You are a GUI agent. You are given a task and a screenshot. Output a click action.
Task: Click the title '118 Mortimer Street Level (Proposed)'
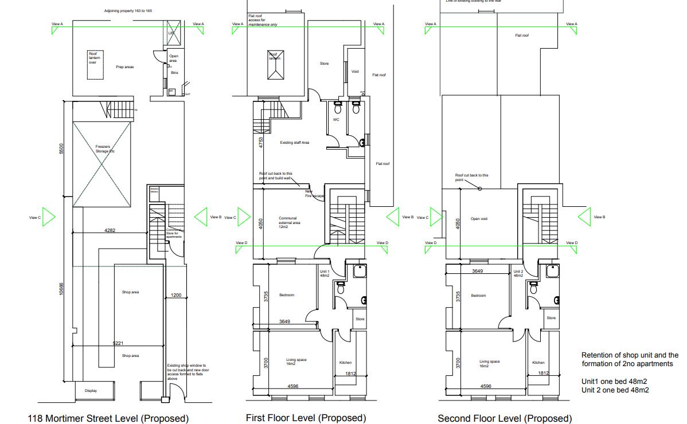point(108,419)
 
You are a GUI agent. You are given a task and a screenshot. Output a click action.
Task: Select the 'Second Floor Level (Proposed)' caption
point(505,419)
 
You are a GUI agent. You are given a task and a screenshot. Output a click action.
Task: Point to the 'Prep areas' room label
point(124,67)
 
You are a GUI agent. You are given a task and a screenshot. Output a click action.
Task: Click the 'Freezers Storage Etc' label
point(105,149)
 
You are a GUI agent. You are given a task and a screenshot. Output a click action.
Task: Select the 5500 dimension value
point(62,148)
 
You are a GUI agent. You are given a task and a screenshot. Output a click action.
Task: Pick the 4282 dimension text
point(110,230)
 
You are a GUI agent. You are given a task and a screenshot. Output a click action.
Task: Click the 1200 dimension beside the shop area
point(175,296)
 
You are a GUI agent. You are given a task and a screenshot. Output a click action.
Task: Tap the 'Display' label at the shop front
point(91,391)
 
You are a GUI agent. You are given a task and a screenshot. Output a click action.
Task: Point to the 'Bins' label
point(174,73)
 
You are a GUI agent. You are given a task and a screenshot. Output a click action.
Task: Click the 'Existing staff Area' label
point(294,143)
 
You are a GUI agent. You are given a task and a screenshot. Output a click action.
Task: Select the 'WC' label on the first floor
point(336,120)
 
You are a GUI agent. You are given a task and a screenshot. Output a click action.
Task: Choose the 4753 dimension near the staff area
point(261,143)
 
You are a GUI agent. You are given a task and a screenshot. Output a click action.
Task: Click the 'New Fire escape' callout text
point(314,194)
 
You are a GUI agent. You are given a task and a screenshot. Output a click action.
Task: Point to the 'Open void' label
point(478,219)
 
